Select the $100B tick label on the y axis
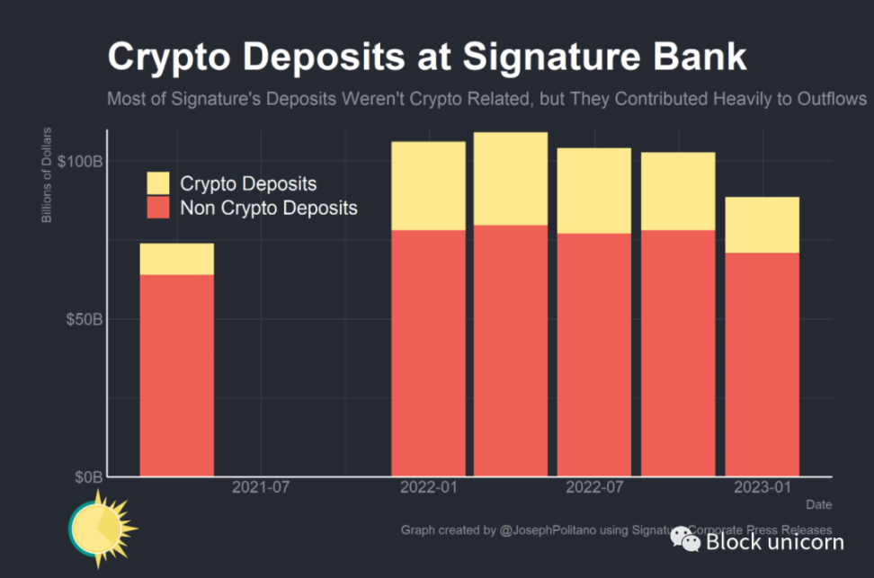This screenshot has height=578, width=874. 78,161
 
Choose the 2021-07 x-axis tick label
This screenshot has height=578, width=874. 260,488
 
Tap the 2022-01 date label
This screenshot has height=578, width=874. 427,488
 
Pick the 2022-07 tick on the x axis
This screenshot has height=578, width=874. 595,488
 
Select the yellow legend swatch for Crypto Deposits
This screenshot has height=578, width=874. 158,184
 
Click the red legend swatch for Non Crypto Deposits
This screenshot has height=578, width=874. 158,208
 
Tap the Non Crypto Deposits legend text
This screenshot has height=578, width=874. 269,208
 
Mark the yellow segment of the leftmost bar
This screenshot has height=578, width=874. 176,259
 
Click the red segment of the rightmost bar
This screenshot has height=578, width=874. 762,364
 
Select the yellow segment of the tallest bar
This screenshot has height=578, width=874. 511,178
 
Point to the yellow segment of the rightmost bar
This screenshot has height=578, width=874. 762,225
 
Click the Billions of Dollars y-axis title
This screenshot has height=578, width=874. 47,176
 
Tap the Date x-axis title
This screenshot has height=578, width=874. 818,505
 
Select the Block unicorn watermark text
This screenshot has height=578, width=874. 774,541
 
